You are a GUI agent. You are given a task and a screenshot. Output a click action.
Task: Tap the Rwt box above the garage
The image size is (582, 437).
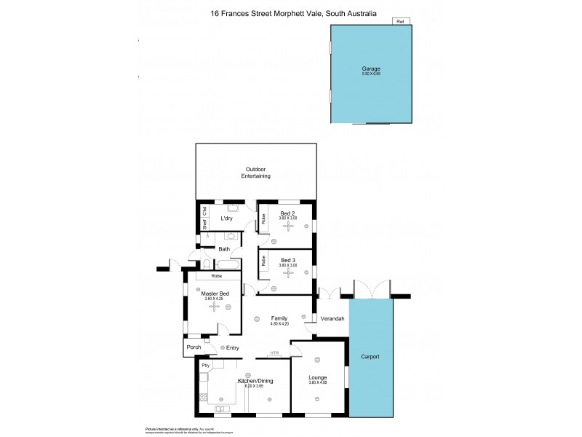tap(399, 21)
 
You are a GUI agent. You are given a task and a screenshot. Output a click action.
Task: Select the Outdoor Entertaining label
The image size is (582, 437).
tap(256, 173)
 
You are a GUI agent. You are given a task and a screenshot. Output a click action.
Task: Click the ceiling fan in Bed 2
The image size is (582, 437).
tap(290, 226)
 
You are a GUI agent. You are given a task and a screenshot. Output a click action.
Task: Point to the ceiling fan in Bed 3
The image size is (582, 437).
tap(290, 272)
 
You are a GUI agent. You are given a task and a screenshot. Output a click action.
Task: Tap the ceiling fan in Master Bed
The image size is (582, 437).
tap(214, 307)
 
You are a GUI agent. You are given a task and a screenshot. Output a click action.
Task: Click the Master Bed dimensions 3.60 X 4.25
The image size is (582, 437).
tap(214, 299)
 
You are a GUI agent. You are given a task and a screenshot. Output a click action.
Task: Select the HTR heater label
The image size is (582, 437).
tap(274, 353)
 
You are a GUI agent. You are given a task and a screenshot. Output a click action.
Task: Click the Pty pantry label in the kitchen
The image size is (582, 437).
tap(206, 365)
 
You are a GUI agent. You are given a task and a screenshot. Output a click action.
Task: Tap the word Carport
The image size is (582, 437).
tap(370, 357)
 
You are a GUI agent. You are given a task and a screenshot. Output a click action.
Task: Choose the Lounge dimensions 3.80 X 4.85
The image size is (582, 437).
tap(318, 382)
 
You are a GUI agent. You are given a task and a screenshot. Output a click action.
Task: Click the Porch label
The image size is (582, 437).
tap(194, 347)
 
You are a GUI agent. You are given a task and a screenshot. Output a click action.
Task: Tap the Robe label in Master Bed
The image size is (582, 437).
tap(217, 277)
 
